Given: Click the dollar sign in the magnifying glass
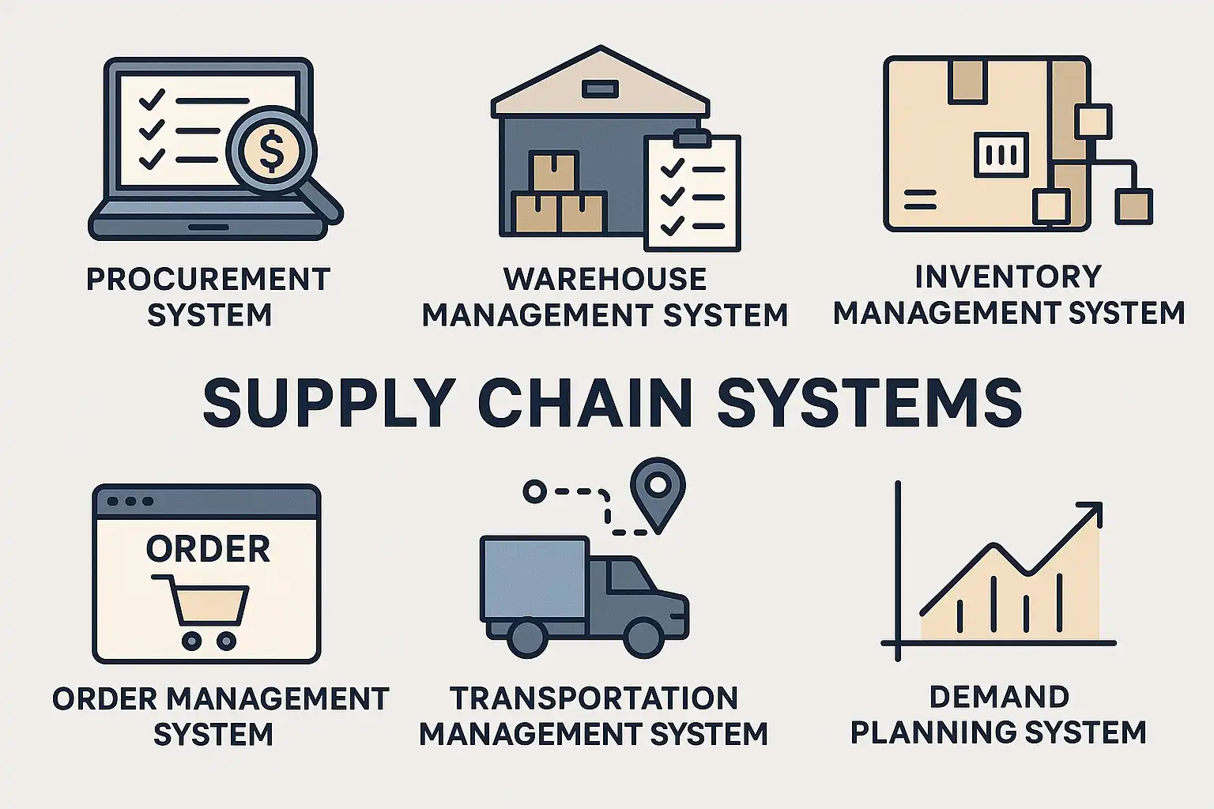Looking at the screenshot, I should tap(271, 151).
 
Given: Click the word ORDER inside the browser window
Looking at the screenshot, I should tap(208, 549).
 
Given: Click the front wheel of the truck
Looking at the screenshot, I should tap(643, 636).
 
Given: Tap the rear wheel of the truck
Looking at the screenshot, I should tap(526, 636).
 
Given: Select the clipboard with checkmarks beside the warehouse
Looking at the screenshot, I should tap(692, 193).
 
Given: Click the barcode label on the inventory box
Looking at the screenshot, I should tap(1001, 154).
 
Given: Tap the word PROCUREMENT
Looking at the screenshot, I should tap(208, 280).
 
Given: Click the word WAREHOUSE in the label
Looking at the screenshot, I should tap(605, 280).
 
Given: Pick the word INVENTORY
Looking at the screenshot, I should tap(1008, 277).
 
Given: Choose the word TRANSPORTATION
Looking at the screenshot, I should tap(594, 698).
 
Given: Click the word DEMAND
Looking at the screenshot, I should tap(999, 697).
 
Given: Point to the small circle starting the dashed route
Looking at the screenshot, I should tap(534, 491).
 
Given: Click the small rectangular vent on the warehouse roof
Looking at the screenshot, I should tap(600, 88).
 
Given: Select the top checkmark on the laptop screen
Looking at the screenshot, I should tap(150, 100).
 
